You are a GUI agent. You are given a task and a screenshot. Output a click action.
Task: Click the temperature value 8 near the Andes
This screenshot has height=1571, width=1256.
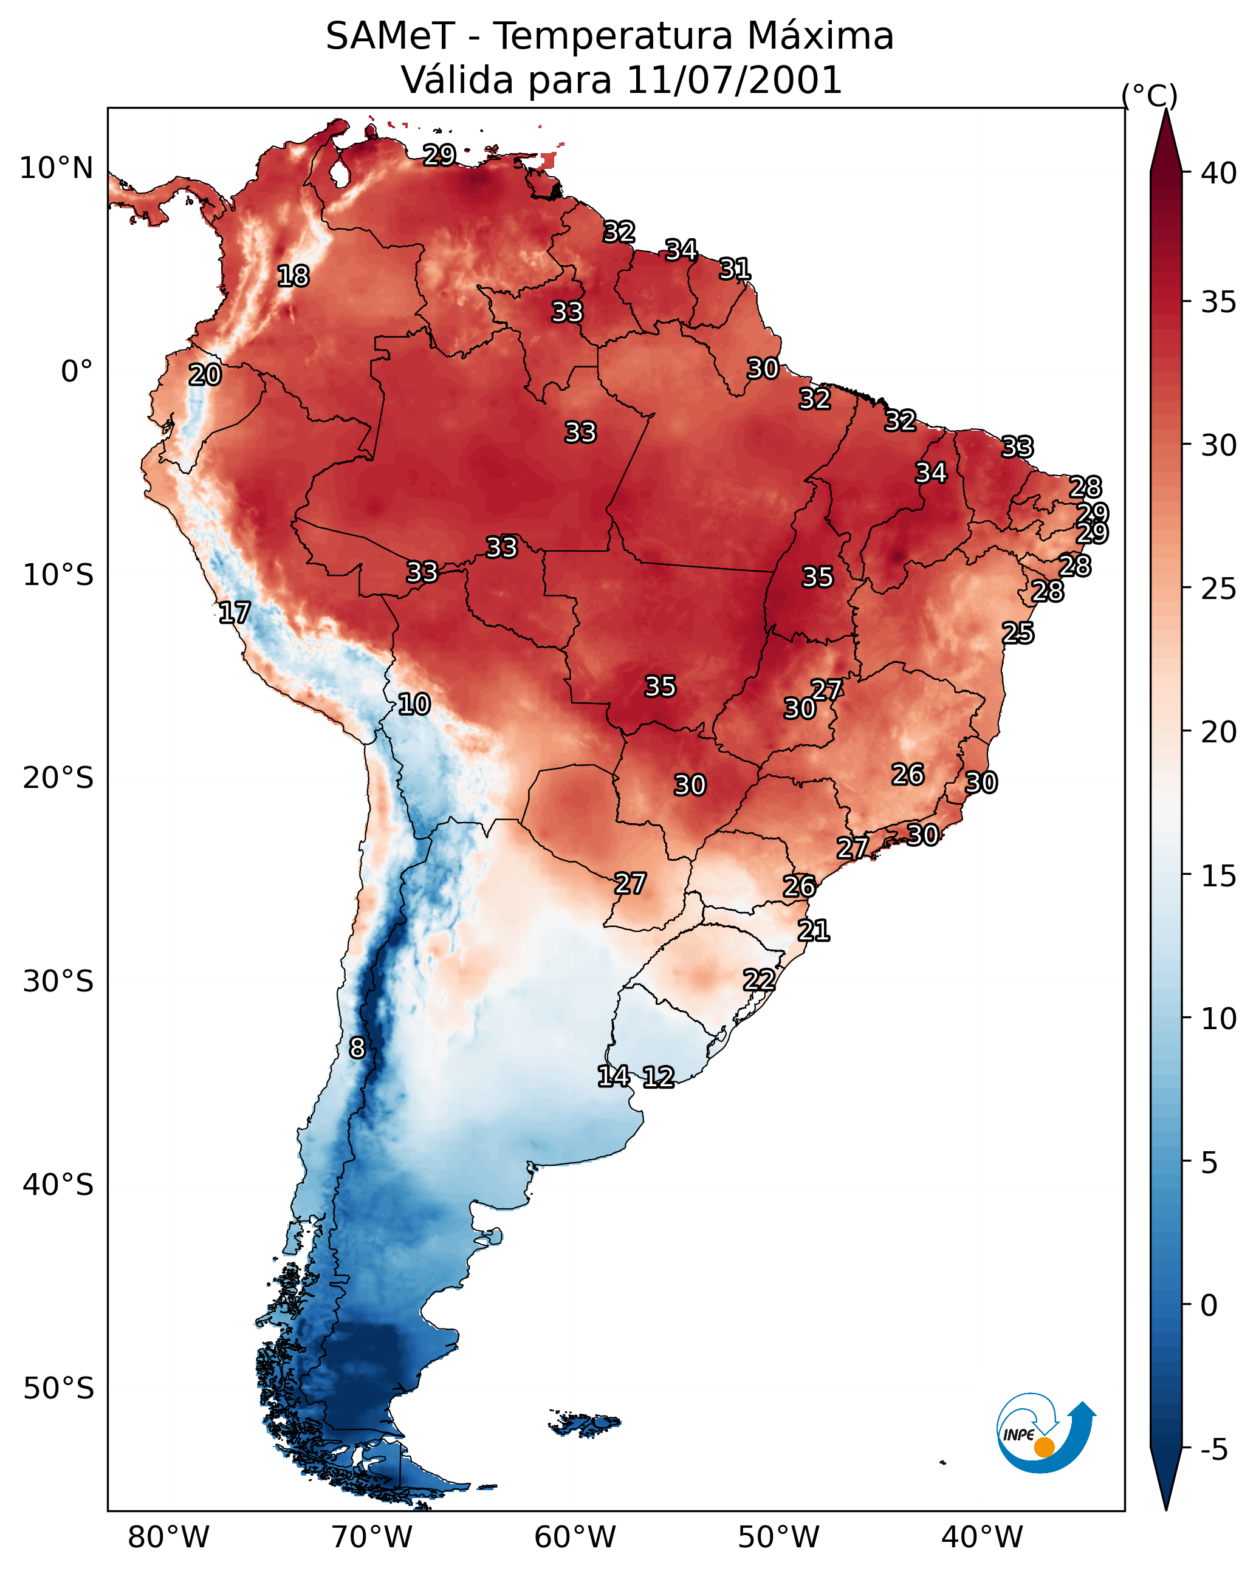coord(357,1048)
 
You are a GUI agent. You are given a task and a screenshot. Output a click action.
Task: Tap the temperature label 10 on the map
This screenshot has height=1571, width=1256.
coord(414,704)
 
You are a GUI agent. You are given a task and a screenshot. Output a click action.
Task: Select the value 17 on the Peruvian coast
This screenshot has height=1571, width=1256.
coord(235,613)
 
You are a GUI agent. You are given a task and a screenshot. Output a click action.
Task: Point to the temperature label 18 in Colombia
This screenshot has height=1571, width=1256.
coord(293,276)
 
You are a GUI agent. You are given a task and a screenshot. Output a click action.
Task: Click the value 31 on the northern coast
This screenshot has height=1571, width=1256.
coord(735,269)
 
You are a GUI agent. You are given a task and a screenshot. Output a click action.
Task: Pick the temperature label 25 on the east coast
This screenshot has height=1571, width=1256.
coord(1018,633)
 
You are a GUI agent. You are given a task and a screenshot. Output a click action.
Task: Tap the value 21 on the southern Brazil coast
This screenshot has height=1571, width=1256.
coord(814,931)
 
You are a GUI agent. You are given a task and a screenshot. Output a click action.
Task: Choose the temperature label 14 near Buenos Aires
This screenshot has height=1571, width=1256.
coord(614,1076)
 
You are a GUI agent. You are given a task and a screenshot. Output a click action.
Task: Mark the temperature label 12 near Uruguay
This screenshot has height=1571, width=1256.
coord(658,1077)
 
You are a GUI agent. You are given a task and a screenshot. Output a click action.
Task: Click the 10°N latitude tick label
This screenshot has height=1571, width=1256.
coord(56,168)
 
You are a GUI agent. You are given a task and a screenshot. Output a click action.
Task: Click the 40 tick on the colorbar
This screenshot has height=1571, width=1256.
coord(1219,173)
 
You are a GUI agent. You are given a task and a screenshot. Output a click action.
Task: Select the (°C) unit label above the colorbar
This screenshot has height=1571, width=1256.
coord(1149,95)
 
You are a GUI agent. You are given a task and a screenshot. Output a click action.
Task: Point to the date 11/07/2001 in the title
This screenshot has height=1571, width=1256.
coord(734,80)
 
